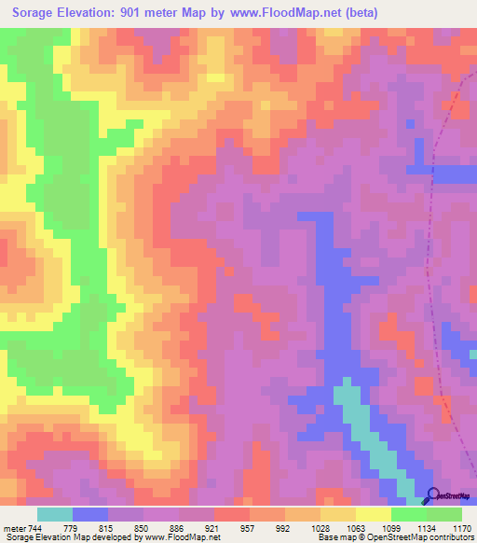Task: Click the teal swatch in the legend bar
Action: click(x=55, y=515)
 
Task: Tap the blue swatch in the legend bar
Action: click(x=90, y=515)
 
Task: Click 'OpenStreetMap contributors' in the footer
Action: click(x=420, y=536)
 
